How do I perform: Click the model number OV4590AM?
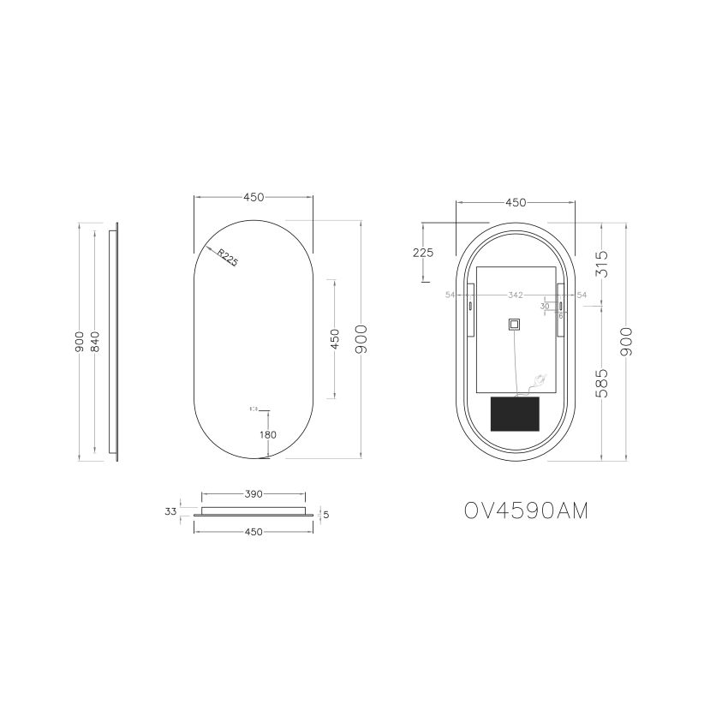(526, 510)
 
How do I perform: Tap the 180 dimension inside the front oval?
(267, 434)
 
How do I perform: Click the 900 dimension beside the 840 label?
(79, 341)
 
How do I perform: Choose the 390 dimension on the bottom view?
(253, 494)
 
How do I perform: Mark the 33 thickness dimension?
(170, 511)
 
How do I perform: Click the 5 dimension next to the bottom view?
(326, 514)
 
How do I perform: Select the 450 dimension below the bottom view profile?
(253, 532)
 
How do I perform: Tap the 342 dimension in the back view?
(515, 295)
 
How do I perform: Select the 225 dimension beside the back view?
(423, 252)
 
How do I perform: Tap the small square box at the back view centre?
(514, 325)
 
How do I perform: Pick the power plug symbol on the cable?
(539, 379)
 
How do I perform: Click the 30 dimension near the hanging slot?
(545, 306)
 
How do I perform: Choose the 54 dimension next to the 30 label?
(582, 295)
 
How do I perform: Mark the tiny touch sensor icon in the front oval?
(254, 409)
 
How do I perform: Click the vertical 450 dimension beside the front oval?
(336, 339)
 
